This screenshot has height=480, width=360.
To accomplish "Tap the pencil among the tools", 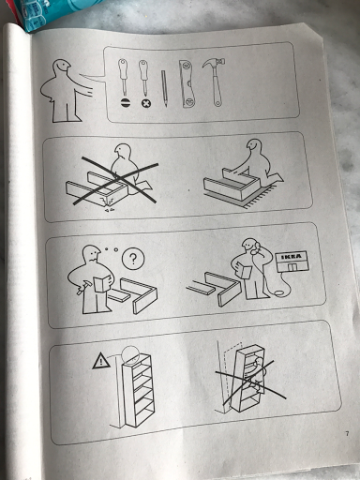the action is click(x=164, y=88).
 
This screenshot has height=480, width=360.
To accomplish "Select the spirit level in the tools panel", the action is click(x=187, y=84).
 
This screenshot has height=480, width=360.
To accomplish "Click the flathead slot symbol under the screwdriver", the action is click(x=125, y=102).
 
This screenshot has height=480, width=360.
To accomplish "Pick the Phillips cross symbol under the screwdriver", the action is click(x=145, y=103).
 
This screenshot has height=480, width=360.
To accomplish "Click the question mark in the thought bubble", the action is click(x=133, y=259).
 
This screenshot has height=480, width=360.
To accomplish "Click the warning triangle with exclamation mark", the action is click(x=101, y=361).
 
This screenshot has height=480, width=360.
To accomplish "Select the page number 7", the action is click(x=347, y=433).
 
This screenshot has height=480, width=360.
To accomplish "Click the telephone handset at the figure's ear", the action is click(x=257, y=247).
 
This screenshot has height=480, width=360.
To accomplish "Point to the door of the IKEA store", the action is click(x=292, y=267).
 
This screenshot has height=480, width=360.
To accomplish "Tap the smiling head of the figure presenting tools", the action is click(x=61, y=67).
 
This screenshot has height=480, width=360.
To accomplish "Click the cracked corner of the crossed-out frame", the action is click(x=107, y=202).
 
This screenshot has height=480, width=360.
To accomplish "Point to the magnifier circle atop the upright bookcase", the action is click(x=130, y=354).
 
